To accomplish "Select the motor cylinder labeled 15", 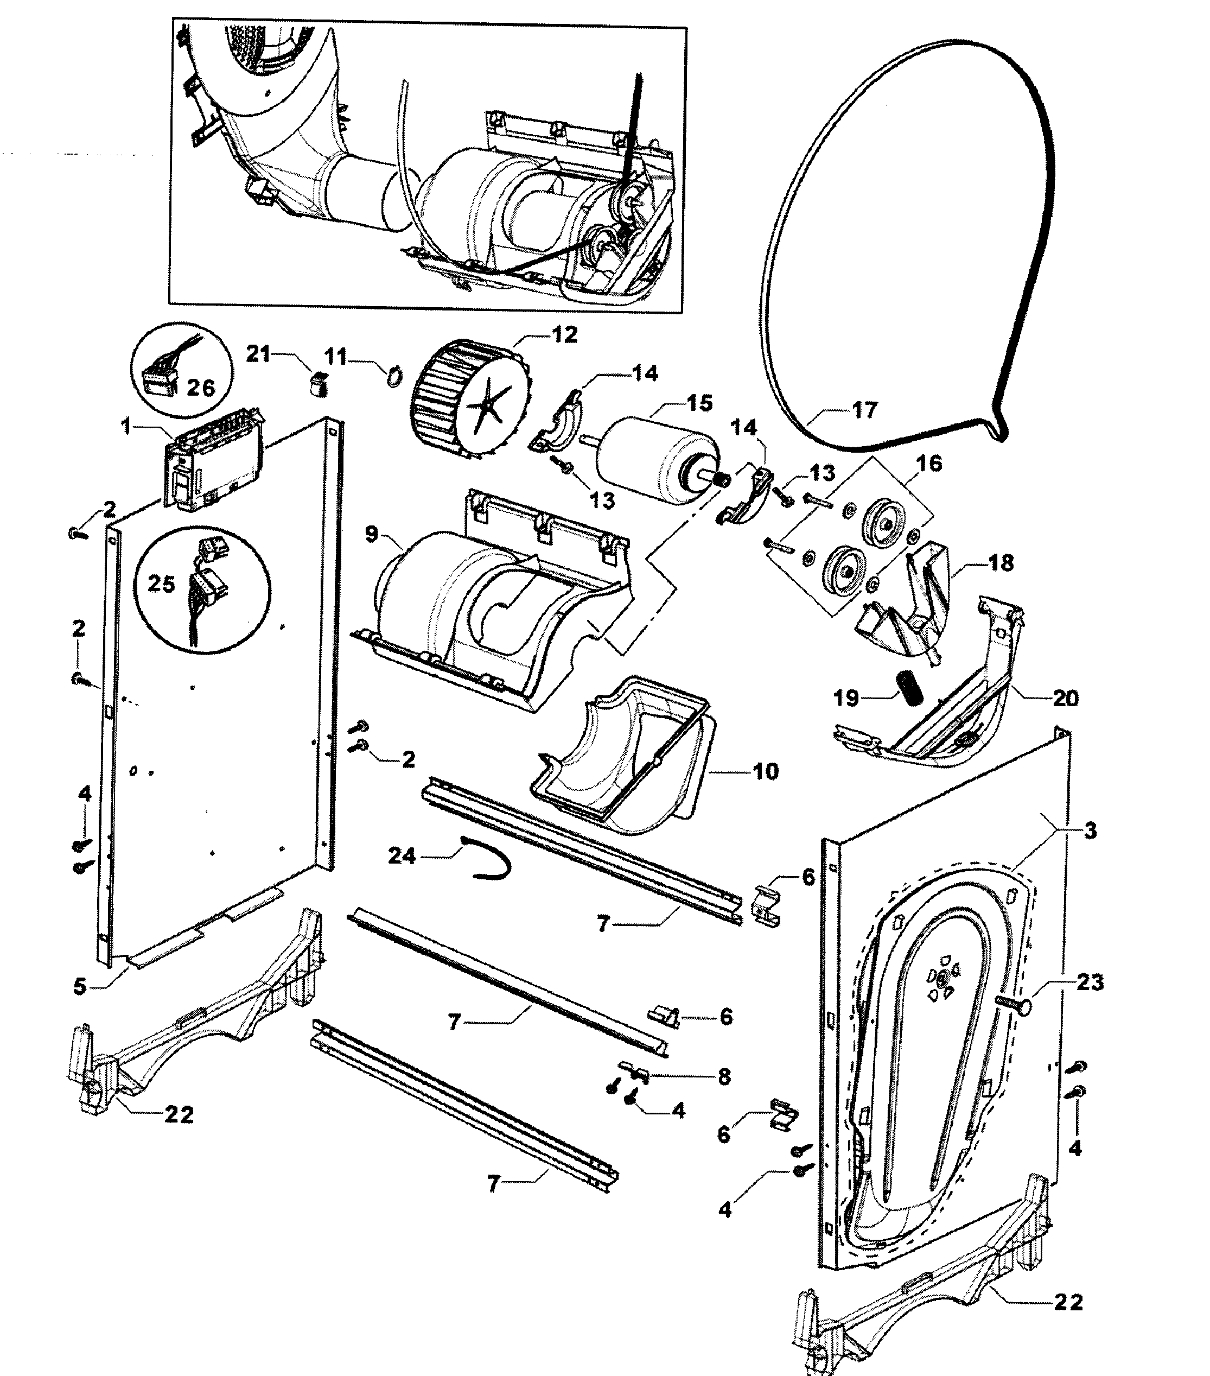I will point(656,458).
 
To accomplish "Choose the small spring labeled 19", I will point(910,688).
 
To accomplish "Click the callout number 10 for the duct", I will point(765,771).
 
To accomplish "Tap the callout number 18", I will point(1001,563).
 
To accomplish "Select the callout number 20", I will point(1065,698).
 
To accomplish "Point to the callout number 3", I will point(1090,830).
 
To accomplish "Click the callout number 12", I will point(565,334).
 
